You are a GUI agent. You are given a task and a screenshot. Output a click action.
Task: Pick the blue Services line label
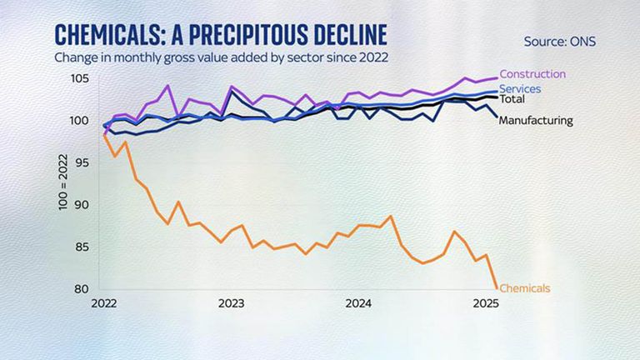tap(521, 88)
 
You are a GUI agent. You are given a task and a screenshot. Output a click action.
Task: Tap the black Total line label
tap(512, 99)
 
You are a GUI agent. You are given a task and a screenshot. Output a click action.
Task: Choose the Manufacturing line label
tap(536, 120)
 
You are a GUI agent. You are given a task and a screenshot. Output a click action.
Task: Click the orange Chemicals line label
tap(525, 288)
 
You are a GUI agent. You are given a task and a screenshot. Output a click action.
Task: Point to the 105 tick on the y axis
tap(80, 78)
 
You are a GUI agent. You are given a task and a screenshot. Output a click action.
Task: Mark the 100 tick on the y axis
tap(80, 121)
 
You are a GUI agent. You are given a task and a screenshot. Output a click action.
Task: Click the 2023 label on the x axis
tap(230, 303)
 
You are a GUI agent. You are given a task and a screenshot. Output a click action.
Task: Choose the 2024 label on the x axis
tap(357, 303)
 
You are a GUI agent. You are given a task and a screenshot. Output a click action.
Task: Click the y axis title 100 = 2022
tap(63, 185)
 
